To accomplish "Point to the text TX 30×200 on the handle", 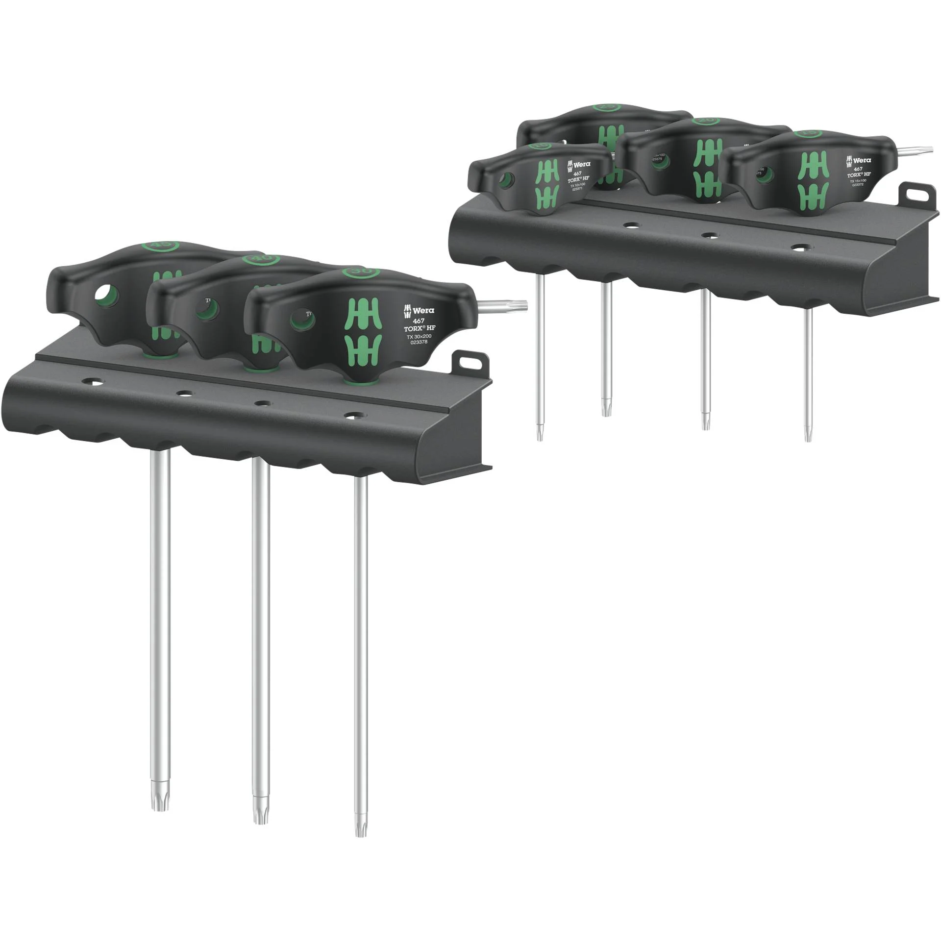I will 418,336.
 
